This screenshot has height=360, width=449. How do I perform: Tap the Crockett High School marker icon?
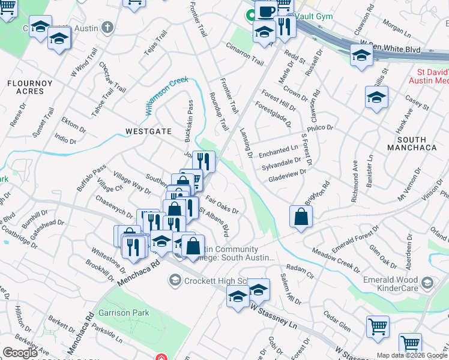coord(175,280)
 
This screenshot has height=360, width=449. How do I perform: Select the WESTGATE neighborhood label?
coord(148,131)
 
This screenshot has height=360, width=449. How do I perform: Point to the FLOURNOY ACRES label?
coord(26,87)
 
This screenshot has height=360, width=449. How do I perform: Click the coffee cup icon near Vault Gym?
coord(266,11)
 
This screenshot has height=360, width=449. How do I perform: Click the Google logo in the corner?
coord(20,353)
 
